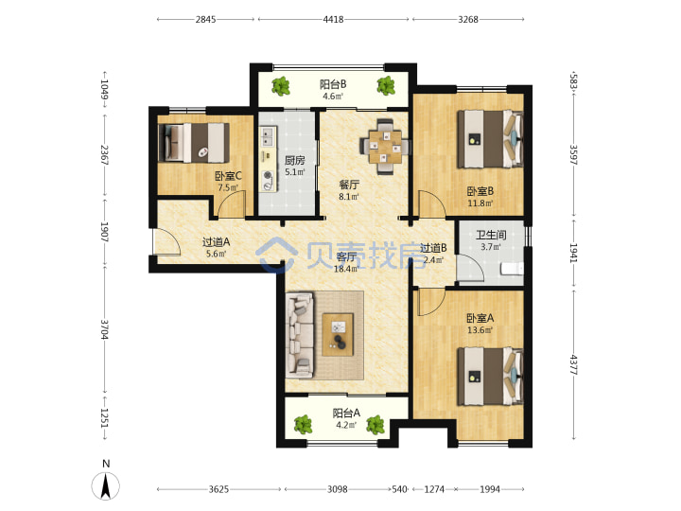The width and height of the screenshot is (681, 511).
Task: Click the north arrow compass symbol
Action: [x=106, y=485]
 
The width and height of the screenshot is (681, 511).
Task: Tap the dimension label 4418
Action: [x=333, y=19]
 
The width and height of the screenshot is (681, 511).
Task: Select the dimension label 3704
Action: [x=104, y=329]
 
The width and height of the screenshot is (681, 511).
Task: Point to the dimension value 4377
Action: [x=574, y=365]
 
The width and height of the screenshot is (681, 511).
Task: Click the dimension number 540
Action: [x=399, y=489]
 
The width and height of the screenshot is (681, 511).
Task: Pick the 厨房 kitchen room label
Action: [x=294, y=160]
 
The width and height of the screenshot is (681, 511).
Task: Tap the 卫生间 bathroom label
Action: [x=491, y=235]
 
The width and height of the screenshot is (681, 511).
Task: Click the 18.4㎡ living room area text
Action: [x=346, y=269]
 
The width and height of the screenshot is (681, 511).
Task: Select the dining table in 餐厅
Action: [x=385, y=147]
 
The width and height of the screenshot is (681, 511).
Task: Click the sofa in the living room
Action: [x=300, y=335]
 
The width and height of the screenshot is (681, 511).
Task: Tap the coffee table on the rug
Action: [x=338, y=335]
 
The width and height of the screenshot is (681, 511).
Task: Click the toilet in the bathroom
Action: [x=512, y=269]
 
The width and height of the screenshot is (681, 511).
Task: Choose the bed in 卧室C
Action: [x=194, y=143]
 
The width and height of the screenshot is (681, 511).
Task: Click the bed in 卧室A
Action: [x=490, y=377]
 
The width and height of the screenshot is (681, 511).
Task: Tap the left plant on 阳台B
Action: [x=281, y=86]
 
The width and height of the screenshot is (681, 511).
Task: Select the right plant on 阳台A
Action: [x=375, y=425]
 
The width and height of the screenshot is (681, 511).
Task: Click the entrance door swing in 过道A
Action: [x=166, y=242]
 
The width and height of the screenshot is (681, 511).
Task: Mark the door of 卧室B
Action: [x=431, y=203]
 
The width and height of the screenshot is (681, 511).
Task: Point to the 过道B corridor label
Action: [x=433, y=248]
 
